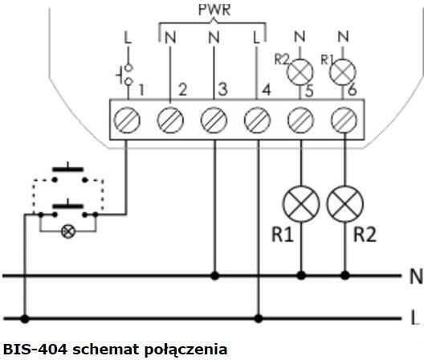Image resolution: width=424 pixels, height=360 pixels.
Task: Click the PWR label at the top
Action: pos(214,10)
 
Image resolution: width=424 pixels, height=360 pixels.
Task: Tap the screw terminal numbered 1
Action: pos(127,121)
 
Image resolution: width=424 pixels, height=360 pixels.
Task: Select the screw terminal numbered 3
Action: pos(214,121)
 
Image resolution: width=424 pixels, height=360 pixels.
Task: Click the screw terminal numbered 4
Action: pos(257,121)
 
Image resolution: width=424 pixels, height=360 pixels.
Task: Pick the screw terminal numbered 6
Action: pos(344,121)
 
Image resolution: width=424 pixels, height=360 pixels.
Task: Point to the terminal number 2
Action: pos(183,89)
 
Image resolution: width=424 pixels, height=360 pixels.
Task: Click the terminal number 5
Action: pos(310,91)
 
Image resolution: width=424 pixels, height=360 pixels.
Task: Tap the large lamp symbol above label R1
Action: pos(301,204)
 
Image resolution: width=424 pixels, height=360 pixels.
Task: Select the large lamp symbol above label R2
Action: pos(344,204)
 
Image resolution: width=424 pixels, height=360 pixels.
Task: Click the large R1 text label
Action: pos(283,235)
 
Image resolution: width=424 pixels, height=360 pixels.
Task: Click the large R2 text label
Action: pos(365,235)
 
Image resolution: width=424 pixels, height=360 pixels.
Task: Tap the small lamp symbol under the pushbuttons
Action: pos(68,231)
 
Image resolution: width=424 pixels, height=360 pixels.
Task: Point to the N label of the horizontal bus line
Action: pos(416,276)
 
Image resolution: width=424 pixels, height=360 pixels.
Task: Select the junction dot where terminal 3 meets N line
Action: pos(214,276)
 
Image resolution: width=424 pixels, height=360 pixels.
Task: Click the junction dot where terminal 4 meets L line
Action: pos(259,318)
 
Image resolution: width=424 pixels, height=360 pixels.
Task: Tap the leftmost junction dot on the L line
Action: pos(25,318)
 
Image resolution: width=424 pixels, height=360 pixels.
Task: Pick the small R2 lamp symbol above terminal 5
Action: pos(300,72)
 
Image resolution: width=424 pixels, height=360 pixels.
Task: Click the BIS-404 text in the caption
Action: pos(35,350)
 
